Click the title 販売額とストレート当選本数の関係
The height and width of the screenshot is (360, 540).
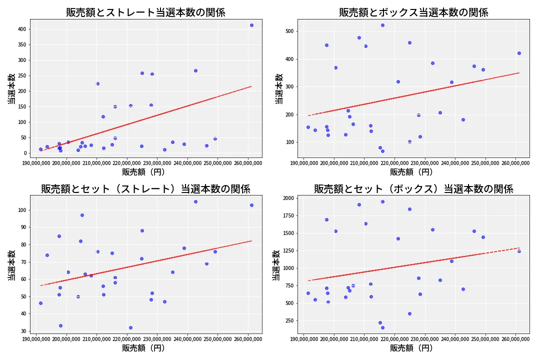click(145, 12)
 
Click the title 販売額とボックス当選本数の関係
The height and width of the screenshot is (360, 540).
click(413, 12)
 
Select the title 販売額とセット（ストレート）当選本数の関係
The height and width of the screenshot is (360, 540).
click(145, 189)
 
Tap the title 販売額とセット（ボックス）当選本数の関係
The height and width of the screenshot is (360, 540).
click(413, 189)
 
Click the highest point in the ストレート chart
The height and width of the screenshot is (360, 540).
click(251, 25)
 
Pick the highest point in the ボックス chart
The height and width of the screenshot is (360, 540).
click(382, 25)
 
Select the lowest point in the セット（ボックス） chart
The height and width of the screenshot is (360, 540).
click(382, 327)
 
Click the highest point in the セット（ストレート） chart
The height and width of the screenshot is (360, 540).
click(195, 201)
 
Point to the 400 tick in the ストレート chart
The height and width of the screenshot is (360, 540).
click(21, 29)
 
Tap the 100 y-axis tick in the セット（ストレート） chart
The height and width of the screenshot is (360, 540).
click(21, 210)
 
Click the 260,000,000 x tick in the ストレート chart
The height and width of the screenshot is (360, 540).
click(248, 163)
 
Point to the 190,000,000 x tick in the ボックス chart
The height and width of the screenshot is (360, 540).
click(304, 163)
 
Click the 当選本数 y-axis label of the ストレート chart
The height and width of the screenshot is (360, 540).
click(11, 89)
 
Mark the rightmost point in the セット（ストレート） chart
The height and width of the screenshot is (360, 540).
click(251, 205)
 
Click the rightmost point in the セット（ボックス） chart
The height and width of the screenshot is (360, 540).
click(519, 251)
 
